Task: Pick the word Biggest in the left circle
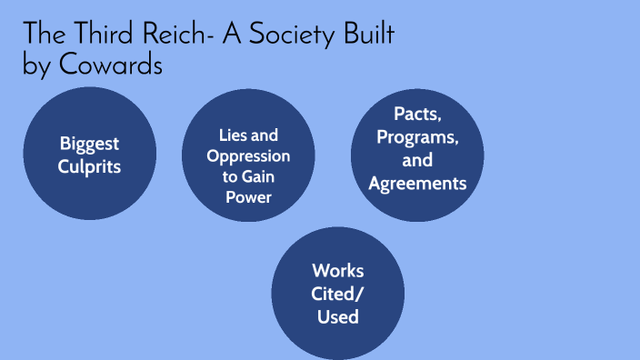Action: click(90, 143)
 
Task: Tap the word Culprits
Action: click(90, 166)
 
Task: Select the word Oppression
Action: click(248, 155)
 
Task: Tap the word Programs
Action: click(417, 138)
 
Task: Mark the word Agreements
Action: click(417, 184)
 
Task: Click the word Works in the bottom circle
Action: click(337, 270)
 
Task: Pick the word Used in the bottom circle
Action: click(337, 316)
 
